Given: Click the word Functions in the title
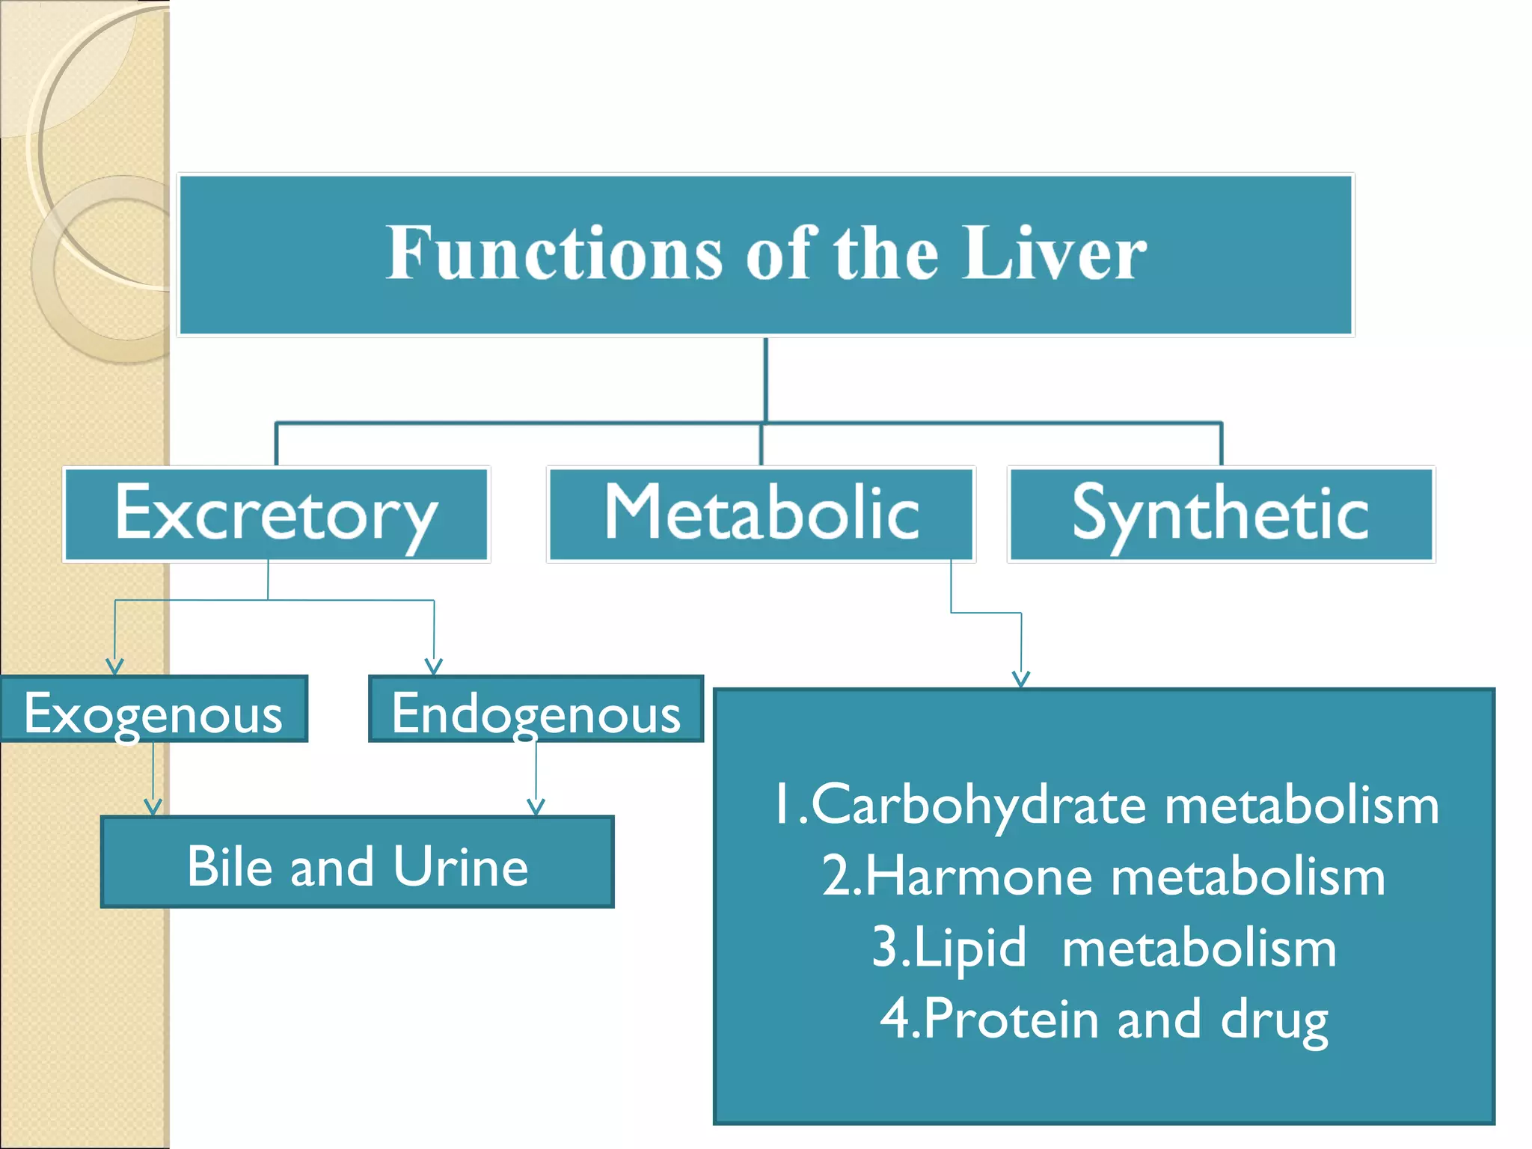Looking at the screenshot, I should coord(554,254).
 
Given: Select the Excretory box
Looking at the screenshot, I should coord(276,514).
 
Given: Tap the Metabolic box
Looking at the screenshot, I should coord(761,514).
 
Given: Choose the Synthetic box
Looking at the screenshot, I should coord(1220,514).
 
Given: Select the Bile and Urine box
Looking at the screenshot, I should coord(358,862).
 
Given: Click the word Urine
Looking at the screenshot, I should coord(461,866).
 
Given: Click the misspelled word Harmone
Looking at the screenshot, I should coord(980,877).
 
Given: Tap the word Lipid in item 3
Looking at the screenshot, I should coord(969,949).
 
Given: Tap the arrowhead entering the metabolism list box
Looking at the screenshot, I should coord(1021,679).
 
